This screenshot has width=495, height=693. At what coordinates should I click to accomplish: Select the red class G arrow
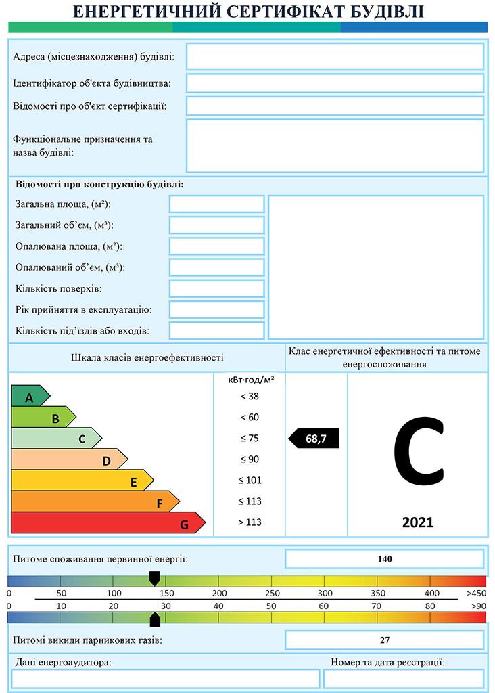pyautogui.click(x=108, y=522)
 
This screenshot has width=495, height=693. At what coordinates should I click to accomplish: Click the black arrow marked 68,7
pyautogui.click(x=314, y=439)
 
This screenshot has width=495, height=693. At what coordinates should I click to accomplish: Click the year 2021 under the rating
pyautogui.click(x=418, y=522)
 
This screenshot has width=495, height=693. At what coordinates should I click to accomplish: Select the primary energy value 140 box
pyautogui.click(x=385, y=559)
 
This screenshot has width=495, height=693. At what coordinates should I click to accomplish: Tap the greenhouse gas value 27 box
pyautogui.click(x=385, y=640)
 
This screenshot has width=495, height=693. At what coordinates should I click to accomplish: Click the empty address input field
pyautogui.click(x=335, y=56)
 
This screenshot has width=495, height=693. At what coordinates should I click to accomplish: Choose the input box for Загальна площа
pyautogui.click(x=216, y=204)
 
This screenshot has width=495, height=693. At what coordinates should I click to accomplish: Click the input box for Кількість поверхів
pyautogui.click(x=216, y=288)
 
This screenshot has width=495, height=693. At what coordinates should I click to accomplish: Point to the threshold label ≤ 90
pyautogui.click(x=250, y=460)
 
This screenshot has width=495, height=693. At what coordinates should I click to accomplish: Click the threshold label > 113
pyautogui.click(x=250, y=522)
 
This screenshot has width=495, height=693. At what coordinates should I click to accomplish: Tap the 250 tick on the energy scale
pyautogui.click(x=273, y=594)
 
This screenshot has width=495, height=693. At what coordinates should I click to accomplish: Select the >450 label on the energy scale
pyautogui.click(x=476, y=594)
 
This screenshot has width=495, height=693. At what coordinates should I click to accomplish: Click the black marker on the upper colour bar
pyautogui.click(x=154, y=578)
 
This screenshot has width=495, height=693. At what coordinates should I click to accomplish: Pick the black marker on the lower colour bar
pyautogui.click(x=155, y=619)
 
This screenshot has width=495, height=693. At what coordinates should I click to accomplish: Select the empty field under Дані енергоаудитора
pyautogui.click(x=166, y=678)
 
